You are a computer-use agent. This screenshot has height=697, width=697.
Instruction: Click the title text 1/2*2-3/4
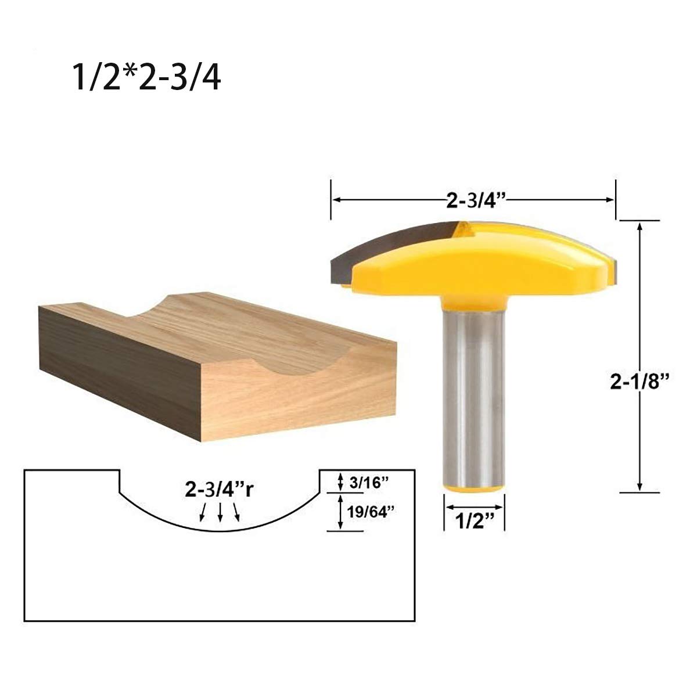[147, 77]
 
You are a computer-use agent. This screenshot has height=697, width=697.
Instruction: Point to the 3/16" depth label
[369, 482]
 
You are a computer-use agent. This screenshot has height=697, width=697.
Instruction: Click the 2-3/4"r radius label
[220, 490]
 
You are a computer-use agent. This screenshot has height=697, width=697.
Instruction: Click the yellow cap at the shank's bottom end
[474, 488]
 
